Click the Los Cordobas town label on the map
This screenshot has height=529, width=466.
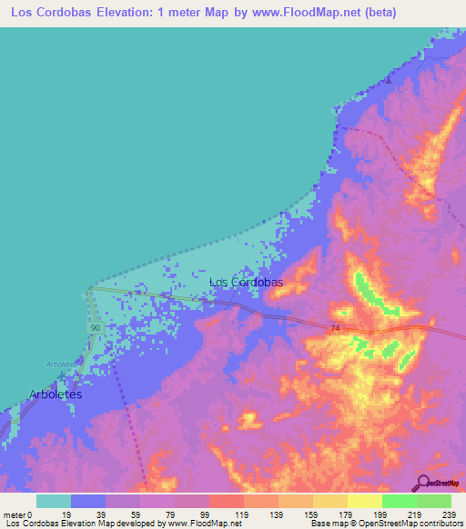tap(246, 282)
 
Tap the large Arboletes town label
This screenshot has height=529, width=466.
tap(56, 394)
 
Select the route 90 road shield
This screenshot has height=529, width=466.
tap(95, 326)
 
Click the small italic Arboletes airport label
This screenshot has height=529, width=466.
tap(64, 363)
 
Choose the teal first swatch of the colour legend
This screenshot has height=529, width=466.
tap(54, 501)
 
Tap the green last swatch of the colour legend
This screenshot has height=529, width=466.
tap(434, 501)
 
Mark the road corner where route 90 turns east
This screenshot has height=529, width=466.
tap(91, 289)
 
